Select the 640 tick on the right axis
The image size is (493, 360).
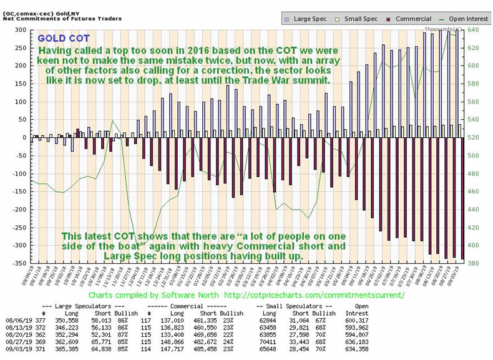[472, 30]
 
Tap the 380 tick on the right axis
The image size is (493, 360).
[472, 263]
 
